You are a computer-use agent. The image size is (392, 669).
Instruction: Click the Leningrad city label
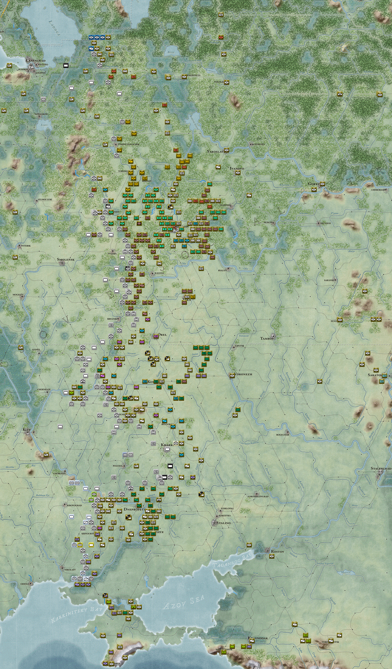click(x=36, y=61)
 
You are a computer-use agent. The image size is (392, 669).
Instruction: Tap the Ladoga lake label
click(x=54, y=28)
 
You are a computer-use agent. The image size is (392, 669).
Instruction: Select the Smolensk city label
click(x=66, y=259)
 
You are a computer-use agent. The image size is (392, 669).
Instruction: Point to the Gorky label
click(x=314, y=184)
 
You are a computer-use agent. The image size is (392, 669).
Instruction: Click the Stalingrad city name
click(x=381, y=468)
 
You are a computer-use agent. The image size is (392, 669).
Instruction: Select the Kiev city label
click(x=27, y=430)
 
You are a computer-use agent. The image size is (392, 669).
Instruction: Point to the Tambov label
click(x=267, y=338)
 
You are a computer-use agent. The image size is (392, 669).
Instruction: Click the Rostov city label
click(x=278, y=551)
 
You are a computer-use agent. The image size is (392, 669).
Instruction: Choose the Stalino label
click(x=223, y=523)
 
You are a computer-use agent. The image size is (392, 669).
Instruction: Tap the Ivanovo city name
click(x=237, y=168)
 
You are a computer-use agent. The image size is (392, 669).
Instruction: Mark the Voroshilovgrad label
click(x=258, y=496)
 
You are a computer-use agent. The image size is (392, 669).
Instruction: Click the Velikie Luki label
click(x=45, y=200)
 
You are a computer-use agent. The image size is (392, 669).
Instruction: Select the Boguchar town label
click(x=283, y=435)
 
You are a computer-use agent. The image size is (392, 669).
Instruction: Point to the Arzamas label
click(x=325, y=223)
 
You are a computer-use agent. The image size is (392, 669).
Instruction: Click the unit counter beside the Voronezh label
click(x=232, y=376)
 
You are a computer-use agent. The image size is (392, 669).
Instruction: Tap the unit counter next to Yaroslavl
click(x=226, y=150)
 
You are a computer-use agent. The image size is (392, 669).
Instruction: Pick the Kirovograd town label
click(x=74, y=505)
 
